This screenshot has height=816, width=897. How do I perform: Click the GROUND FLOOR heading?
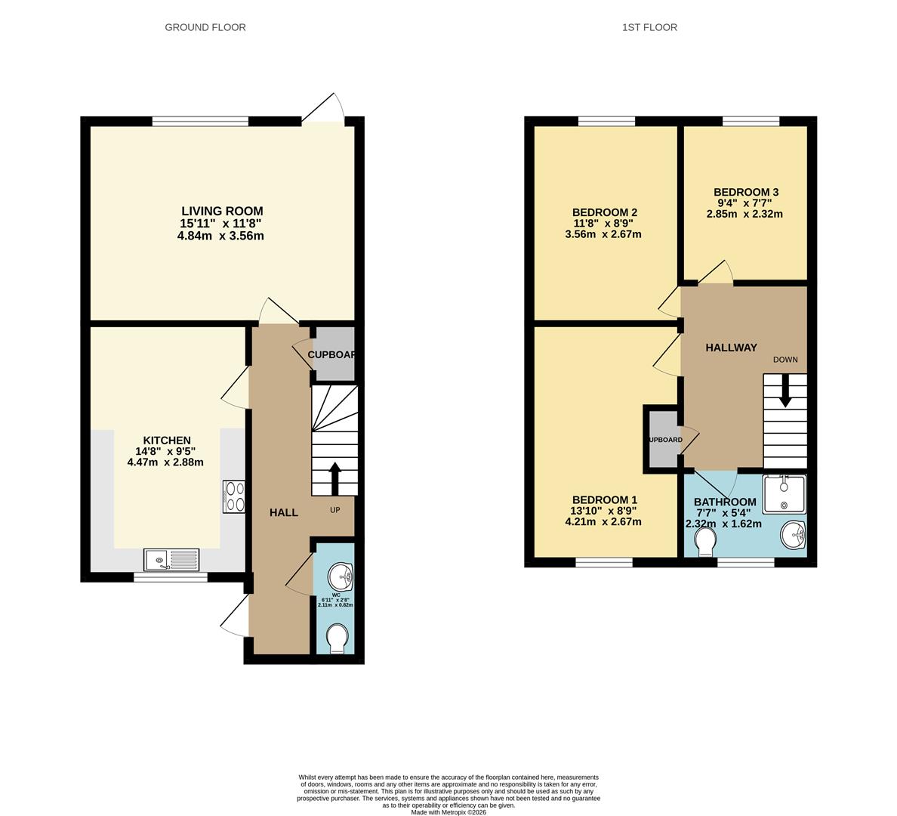coord(205,27)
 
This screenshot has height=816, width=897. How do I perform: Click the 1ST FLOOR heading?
coord(649,27)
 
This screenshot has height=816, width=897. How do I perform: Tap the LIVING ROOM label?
coord(222,211)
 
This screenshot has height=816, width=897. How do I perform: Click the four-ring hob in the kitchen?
coord(234,496)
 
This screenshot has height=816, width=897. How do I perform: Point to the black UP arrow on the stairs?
coord(334,478)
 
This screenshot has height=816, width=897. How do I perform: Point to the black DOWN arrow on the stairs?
coord(785,394)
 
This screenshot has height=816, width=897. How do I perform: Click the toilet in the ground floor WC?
coord(338,639)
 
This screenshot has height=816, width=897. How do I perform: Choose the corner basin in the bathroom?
coord(794,536)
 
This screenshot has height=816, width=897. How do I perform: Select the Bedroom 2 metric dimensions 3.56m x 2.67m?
coord(603,234)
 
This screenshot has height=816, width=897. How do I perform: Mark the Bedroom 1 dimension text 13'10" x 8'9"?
coord(604,511)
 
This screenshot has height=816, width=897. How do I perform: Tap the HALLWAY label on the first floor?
coord(731,348)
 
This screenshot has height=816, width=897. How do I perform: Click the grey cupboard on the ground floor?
coord(333,354)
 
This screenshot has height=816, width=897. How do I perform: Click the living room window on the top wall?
coord(200,121)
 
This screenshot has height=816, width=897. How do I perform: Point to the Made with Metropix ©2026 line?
coord(448,812)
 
